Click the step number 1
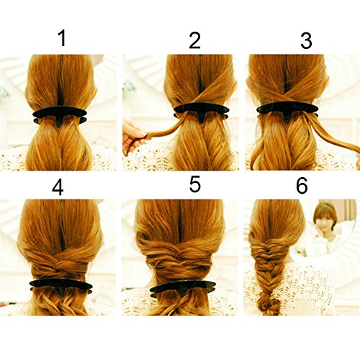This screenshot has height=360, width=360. pyautogui.click(x=63, y=38)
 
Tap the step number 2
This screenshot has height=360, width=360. pyautogui.click(x=194, y=40)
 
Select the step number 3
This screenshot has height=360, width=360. pyautogui.click(x=306, y=40)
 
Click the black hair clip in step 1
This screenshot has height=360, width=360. pyautogui.click(x=59, y=115)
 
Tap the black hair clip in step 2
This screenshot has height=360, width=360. pyautogui.click(x=201, y=111)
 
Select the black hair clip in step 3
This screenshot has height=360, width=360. pyautogui.click(x=287, y=111)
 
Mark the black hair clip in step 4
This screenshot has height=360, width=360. pyautogui.click(x=61, y=287)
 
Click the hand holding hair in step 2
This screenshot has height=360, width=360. pyautogui.click(x=133, y=137)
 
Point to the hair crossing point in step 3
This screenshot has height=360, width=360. pyautogui.click(x=287, y=94)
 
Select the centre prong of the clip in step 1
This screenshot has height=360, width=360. pyautogui.click(x=59, y=121)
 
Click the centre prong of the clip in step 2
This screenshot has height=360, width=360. pyautogui.click(x=201, y=117)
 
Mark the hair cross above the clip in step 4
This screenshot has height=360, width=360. pyautogui.click(x=60, y=264)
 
